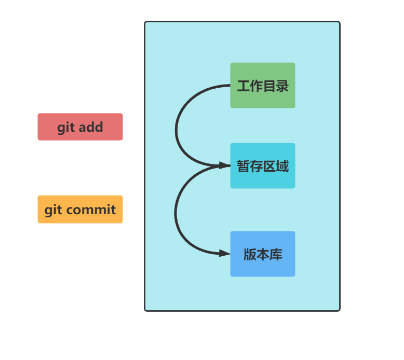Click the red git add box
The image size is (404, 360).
[80, 127]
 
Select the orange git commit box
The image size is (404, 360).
[80, 210]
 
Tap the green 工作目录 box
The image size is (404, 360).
[263, 86]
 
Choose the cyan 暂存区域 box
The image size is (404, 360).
[263, 166]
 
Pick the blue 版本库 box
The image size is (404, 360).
[263, 254]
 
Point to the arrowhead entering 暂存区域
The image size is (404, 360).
[225, 165]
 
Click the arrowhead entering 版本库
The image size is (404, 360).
[225, 253]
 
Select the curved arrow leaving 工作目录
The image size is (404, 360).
[177, 124]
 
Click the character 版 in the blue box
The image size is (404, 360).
[250, 255]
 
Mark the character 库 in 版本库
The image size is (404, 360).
[276, 255]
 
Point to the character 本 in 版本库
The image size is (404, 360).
[263, 255]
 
